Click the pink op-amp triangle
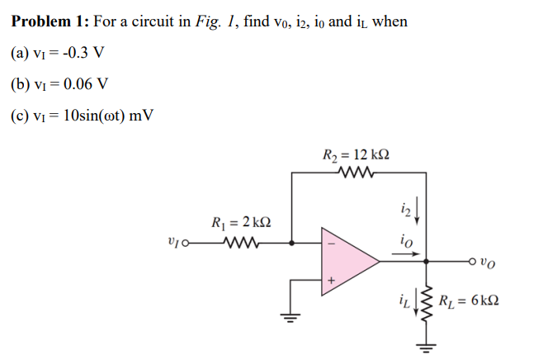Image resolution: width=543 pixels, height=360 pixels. [x=347, y=263]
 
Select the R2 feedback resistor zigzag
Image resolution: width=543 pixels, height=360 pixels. [x=358, y=173]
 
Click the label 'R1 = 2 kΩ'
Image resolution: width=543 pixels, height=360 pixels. [x=240, y=221]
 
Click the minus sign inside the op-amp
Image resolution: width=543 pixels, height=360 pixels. [x=333, y=244]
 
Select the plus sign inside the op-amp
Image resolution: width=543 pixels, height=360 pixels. [x=333, y=282]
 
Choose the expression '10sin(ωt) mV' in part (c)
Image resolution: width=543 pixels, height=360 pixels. [x=104, y=113]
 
